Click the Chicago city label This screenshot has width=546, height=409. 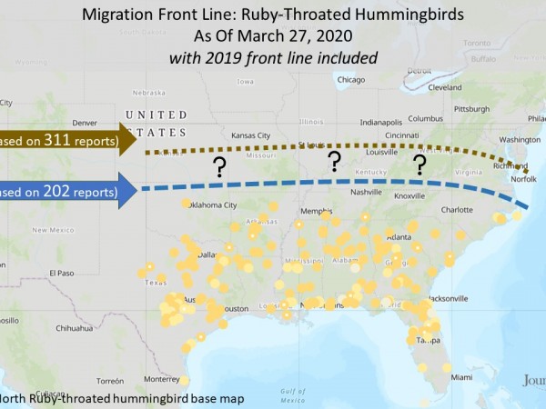point(350,79)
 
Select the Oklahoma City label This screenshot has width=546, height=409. point(212,204)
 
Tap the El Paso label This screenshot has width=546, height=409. point(61,273)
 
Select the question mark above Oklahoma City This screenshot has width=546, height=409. point(218,166)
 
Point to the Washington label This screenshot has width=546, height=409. point(520,139)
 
